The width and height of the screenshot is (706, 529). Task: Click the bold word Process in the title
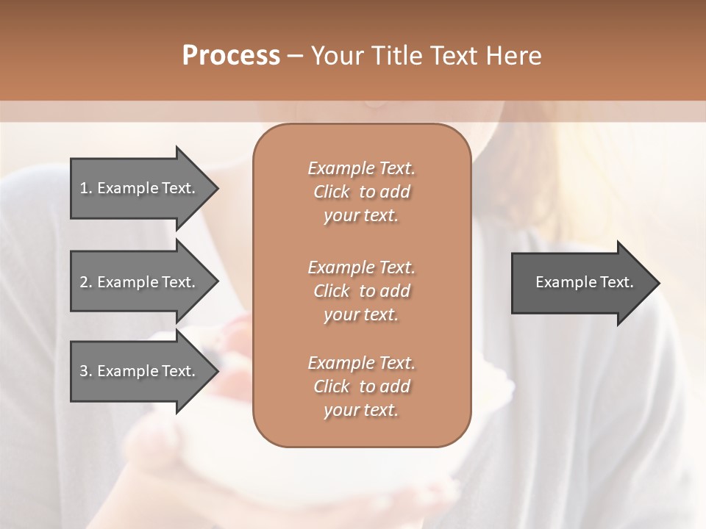tap(231, 56)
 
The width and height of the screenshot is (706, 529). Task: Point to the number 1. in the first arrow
tap(86, 188)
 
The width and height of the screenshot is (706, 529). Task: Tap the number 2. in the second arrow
tap(86, 282)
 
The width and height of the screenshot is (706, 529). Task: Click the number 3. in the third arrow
tap(86, 371)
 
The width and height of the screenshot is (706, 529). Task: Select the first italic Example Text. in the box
tap(361, 168)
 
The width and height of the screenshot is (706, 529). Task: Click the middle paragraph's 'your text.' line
tap(361, 314)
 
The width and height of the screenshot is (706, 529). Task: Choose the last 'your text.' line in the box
tap(361, 411)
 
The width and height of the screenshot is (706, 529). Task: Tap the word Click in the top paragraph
tap(332, 192)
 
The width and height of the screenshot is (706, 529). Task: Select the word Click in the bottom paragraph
tap(332, 386)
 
